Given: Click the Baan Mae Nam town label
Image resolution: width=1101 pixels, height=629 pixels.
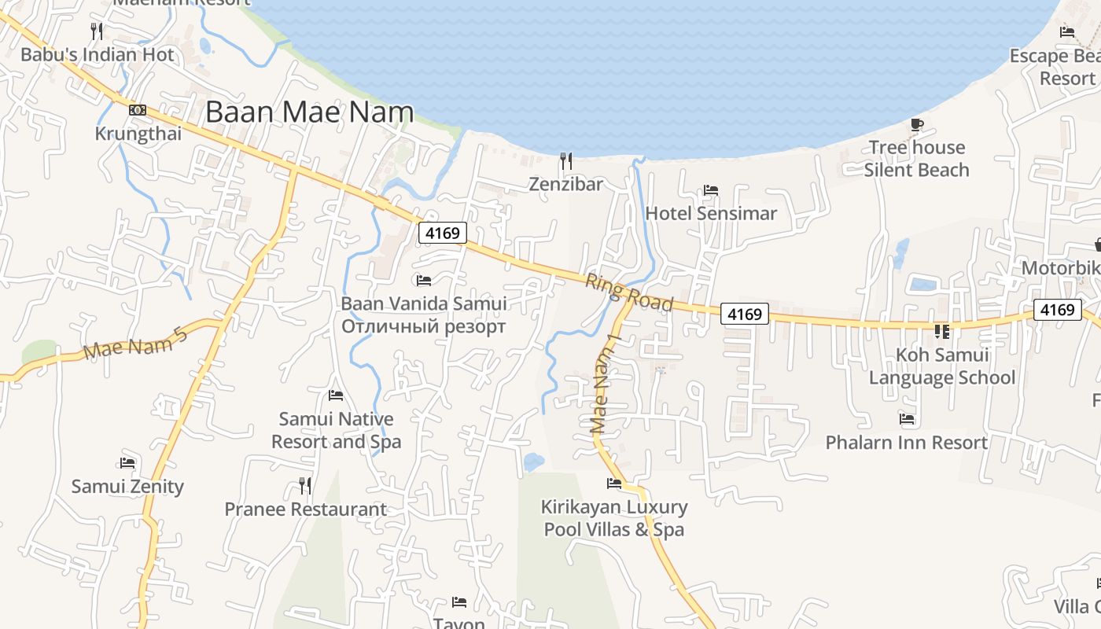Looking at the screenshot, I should click(x=309, y=112).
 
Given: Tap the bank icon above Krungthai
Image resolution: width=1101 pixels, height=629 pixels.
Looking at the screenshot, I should click(x=138, y=110).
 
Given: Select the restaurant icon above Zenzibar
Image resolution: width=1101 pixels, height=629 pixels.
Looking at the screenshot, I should click(x=565, y=161).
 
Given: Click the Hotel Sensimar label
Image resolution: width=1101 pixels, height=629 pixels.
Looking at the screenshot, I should click(x=711, y=213).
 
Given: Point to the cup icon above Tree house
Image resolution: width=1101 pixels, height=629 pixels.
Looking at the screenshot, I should click(x=916, y=124).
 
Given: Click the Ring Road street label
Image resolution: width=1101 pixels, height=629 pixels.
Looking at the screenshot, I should click(x=629, y=292).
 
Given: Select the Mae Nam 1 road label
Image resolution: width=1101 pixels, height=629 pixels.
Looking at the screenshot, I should click(x=606, y=383).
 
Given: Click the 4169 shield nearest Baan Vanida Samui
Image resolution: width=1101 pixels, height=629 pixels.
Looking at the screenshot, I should click(x=443, y=233).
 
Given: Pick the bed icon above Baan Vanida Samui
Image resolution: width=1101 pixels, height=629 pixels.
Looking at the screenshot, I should click(x=424, y=280).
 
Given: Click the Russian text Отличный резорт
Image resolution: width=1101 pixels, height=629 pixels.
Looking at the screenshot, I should click(x=423, y=326).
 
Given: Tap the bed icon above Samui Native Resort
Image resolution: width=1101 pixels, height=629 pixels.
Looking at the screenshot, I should click(x=336, y=395).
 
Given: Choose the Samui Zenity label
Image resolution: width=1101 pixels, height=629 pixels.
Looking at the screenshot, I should click(x=127, y=487).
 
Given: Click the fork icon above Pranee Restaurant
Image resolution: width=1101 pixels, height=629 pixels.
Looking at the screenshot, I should click(x=305, y=485).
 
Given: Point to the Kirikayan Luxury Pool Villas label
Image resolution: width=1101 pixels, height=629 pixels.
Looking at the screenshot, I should click(x=614, y=518).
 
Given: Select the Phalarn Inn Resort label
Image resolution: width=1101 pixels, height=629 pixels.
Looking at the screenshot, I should click(x=907, y=443).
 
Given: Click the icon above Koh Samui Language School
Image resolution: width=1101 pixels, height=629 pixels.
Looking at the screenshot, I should click(x=941, y=332).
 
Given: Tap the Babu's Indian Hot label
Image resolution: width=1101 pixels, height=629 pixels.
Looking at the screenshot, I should click(x=98, y=55).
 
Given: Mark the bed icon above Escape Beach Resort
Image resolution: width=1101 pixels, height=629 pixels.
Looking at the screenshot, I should click(x=1067, y=32).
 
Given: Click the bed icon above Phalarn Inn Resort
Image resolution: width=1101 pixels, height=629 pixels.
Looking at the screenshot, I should click(x=907, y=419).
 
